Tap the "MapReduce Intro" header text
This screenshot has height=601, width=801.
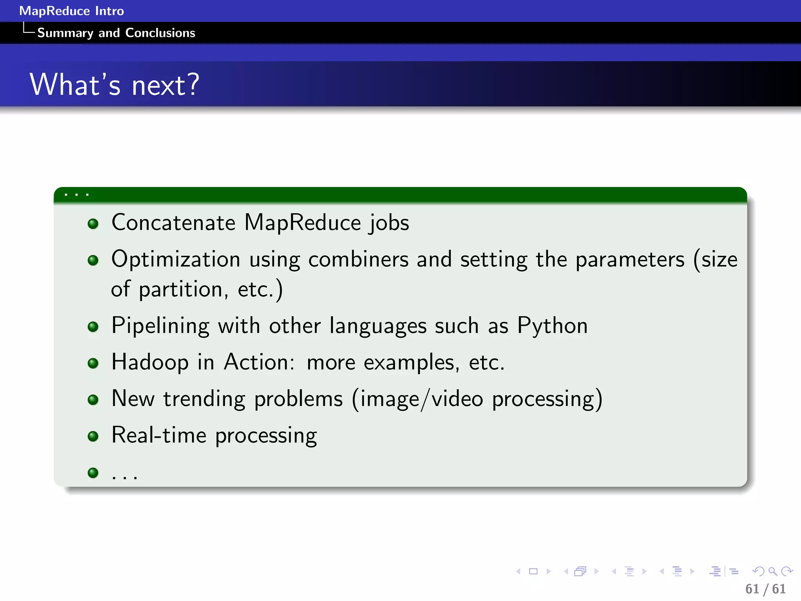pyautogui.click(x=72, y=11)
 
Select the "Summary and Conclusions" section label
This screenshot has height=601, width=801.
pyautogui.click(x=116, y=33)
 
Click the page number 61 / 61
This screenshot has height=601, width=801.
pyautogui.click(x=765, y=589)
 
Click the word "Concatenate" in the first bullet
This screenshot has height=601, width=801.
pyautogui.click(x=173, y=223)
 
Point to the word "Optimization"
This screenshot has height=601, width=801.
pyautogui.click(x=176, y=259)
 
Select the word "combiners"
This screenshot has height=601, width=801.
pyautogui.click(x=358, y=259)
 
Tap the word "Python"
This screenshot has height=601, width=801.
pyautogui.click(x=552, y=326)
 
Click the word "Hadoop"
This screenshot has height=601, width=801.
pyautogui.click(x=150, y=362)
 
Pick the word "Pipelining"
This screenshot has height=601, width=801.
pyautogui.click(x=160, y=326)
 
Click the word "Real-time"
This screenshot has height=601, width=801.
pyautogui.click(x=159, y=435)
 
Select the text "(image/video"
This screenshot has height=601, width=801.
pyautogui.click(x=417, y=399)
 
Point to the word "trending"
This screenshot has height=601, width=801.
pyautogui.click(x=204, y=399)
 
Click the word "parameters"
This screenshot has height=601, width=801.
pyautogui.click(x=630, y=259)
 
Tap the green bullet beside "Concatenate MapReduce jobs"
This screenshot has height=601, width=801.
pyautogui.click(x=93, y=224)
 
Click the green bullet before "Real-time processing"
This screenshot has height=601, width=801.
pyautogui.click(x=93, y=436)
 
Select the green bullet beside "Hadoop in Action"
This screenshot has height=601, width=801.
pyautogui.click(x=93, y=363)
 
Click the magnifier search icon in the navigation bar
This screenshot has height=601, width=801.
pyautogui.click(x=772, y=572)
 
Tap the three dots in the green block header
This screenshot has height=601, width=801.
pyautogui.click(x=77, y=194)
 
